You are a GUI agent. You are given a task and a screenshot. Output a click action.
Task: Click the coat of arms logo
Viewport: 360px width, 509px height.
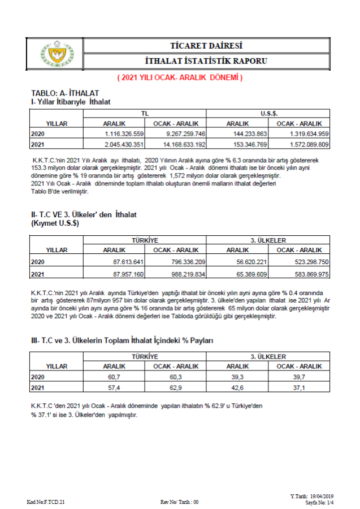tap(55, 53)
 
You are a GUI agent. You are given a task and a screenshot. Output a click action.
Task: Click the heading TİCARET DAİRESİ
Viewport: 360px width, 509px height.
tap(206, 45)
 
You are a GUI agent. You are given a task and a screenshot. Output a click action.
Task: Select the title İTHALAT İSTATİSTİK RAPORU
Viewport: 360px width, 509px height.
tap(206, 61)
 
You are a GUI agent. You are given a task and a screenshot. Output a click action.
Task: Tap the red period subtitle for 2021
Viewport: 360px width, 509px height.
tap(180, 77)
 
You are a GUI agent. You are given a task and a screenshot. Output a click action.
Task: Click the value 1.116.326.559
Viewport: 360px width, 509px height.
tap(124, 133)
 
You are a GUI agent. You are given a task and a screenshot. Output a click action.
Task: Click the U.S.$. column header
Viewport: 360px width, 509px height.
tap(268, 114)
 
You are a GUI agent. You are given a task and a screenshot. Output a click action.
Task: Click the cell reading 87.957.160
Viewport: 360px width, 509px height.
tap(124, 274)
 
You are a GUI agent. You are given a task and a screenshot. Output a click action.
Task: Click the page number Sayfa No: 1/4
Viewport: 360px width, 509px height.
tap(319, 502)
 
